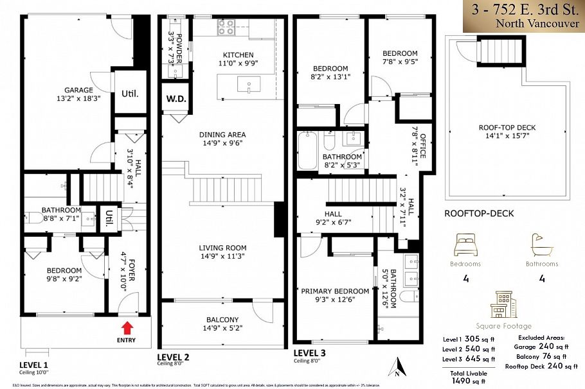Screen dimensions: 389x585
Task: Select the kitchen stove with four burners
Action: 226,27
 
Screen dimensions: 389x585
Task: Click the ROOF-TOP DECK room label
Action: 507,128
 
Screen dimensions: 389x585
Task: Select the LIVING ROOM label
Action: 222,248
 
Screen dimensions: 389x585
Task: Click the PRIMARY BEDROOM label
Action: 335,291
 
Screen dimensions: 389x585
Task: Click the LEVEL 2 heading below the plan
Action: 173,356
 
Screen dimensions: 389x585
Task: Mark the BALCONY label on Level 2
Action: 222,320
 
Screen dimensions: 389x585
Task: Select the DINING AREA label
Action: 222,135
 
